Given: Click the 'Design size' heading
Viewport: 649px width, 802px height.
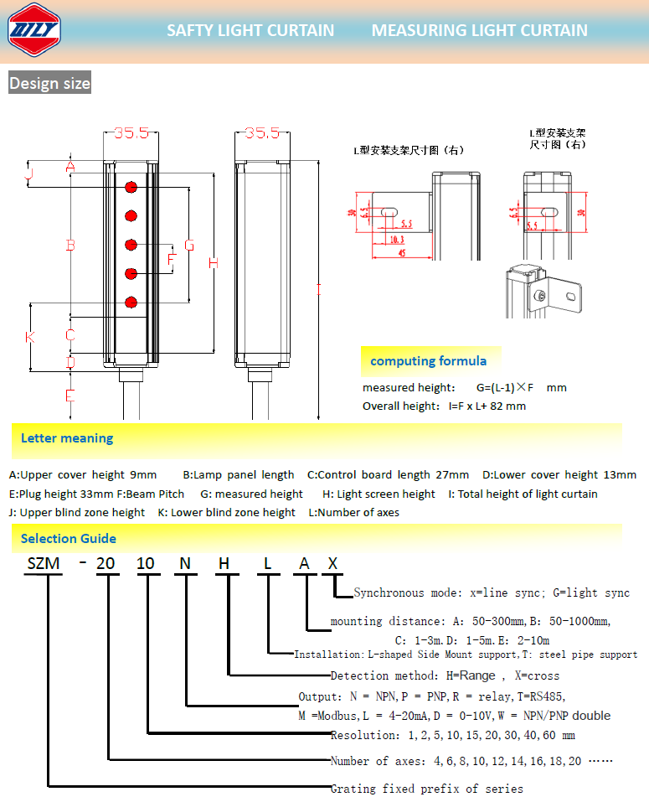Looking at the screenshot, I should point(49,84).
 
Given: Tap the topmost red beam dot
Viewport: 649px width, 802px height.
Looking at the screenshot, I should point(131,187).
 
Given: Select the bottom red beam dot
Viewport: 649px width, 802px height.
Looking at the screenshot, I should point(131,302).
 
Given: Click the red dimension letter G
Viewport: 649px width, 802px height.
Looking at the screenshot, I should point(189,245).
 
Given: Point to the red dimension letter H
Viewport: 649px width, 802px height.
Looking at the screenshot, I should point(214,263).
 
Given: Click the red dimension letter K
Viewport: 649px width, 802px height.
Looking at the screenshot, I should point(30,337).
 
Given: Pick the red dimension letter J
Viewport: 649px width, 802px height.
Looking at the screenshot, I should point(29,174).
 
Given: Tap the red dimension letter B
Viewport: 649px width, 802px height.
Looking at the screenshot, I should point(71,245).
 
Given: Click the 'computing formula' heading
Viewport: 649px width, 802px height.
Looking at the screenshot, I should point(428,361).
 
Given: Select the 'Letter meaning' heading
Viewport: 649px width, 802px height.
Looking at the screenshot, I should point(67,438).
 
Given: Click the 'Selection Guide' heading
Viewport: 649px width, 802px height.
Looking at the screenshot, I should point(69,539).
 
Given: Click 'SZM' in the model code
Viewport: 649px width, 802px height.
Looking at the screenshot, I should point(44,563).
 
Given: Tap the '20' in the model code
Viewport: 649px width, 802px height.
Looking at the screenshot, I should point(106,563).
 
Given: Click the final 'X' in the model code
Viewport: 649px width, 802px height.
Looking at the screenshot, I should point(332,563).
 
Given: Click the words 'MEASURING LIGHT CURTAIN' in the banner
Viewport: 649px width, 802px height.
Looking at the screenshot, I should point(479,31).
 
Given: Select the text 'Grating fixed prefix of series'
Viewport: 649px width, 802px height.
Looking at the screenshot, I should point(427,789).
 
